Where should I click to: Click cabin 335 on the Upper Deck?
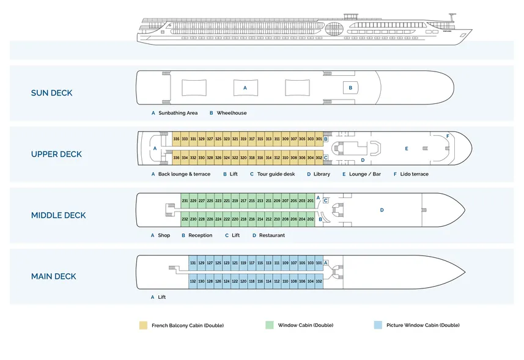coord(176,139)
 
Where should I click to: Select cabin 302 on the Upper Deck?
coord(319,158)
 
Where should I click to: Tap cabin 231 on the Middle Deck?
coord(185,200)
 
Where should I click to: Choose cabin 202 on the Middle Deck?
coord(311,219)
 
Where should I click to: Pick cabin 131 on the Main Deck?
coord(193,263)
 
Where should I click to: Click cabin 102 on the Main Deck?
coord(319,281)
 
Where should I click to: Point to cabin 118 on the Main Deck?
coord(251,281)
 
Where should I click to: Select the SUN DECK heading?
coord(52,93)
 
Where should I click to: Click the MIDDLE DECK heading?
coord(59,215)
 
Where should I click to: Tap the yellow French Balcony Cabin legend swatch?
coord(143,325)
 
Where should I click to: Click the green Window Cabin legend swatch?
coord(270,325)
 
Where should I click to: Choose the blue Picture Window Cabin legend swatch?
coord(378,325)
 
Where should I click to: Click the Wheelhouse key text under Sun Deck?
coord(232,113)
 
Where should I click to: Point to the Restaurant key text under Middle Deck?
coord(271,235)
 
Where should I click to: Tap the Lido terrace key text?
coord(415,174)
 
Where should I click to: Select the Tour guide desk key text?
coord(276,174)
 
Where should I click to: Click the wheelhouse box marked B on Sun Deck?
coord(350,88)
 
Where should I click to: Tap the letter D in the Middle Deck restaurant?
coord(382,210)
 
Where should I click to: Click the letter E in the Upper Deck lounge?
coord(407,149)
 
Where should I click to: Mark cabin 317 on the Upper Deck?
coord(251,139)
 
